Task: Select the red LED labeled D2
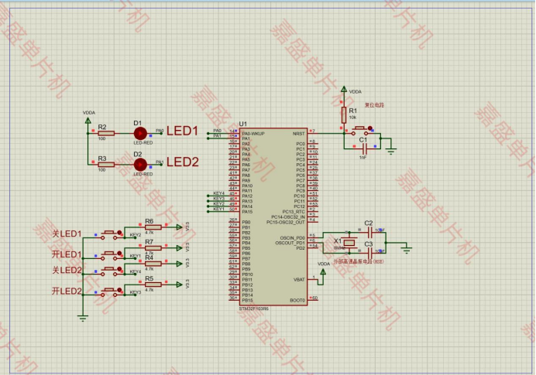(140, 164)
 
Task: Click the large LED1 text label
(183, 131)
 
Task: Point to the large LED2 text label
(184, 162)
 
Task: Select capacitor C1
(362, 146)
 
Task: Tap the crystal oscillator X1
(349, 244)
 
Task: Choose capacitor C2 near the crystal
(369, 230)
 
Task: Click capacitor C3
(369, 251)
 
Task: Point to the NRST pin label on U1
(298, 134)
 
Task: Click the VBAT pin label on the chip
(299, 279)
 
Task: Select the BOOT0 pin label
(298, 300)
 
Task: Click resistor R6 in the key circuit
(150, 228)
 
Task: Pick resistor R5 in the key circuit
(150, 285)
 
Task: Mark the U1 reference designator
(243, 124)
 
